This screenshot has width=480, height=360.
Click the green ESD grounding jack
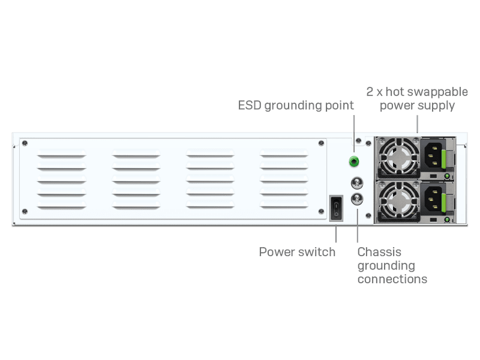[354, 161]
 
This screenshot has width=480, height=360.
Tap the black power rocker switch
[336, 208]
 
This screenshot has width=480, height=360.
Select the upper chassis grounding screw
[357, 183]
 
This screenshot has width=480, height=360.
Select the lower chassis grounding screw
[357, 199]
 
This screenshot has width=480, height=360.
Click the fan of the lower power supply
[398, 202]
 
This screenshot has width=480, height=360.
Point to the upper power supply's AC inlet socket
[433, 155]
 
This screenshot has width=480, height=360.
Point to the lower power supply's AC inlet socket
[433, 199]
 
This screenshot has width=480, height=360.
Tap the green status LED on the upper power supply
[447, 176]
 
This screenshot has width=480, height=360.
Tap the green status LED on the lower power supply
[447, 220]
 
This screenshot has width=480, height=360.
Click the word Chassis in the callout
[379, 252]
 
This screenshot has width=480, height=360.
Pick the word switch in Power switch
[317, 252]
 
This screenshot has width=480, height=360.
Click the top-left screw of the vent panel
[25, 143]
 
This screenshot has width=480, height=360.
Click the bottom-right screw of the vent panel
[321, 211]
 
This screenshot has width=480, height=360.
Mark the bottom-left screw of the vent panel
[25, 211]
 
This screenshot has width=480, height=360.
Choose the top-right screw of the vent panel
[321, 143]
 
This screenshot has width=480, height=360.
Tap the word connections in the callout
[392, 279]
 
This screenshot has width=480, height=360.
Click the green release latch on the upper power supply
[444, 158]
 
